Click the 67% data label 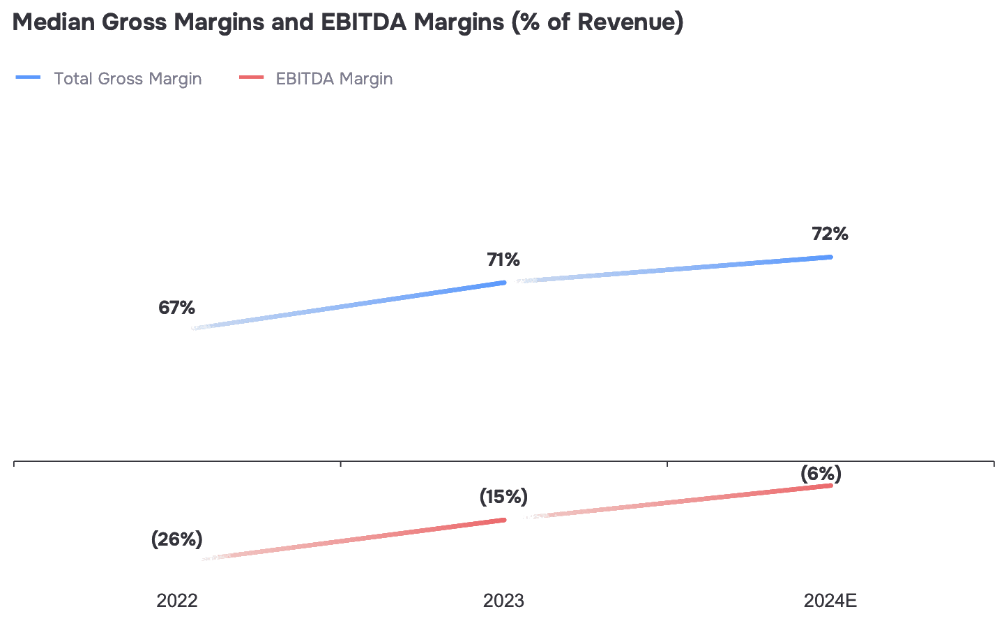point(176,308)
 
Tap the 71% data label point(503,260)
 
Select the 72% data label point(830,234)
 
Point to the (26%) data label point(177,539)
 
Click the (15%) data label point(503,497)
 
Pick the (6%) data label point(821,474)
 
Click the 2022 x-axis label point(177,600)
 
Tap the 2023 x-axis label point(503,600)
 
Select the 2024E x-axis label point(830,600)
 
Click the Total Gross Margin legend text point(128,79)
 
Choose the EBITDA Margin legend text point(334,79)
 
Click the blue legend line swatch point(29,77)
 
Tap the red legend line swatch point(251,77)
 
